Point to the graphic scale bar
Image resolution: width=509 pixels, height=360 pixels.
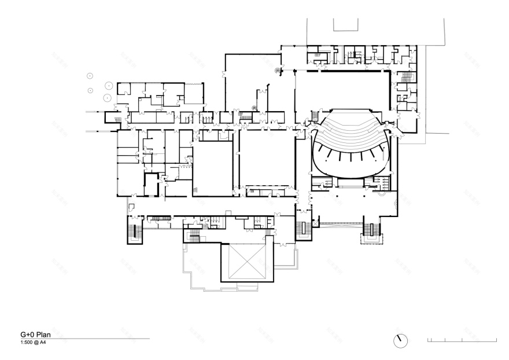click(462, 340)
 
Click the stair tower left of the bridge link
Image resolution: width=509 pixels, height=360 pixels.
click(303, 230)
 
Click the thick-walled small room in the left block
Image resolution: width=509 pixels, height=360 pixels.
click(152, 185)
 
